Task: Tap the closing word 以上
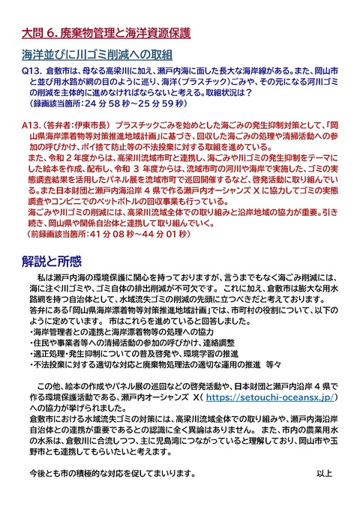[x=323, y=473]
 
